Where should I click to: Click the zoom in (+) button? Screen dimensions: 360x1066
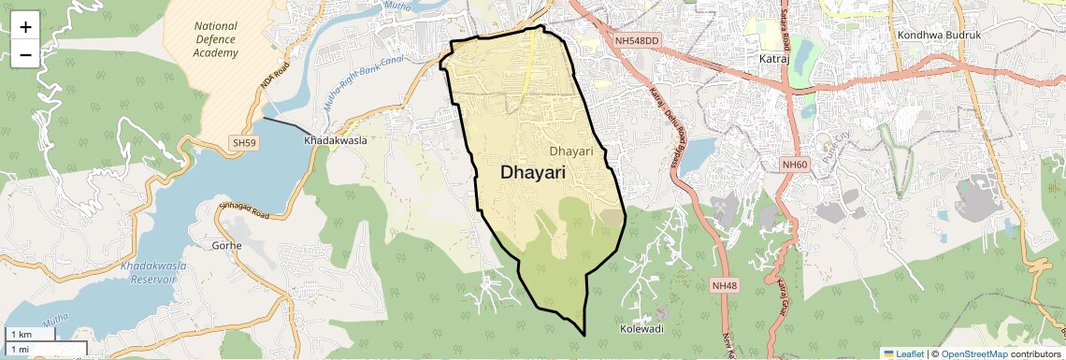click(x=25, y=26)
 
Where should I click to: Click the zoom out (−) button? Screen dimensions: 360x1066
click(x=25, y=54)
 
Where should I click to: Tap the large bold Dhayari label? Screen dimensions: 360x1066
click(x=539, y=172)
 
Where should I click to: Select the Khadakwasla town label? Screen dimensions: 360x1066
click(x=335, y=140)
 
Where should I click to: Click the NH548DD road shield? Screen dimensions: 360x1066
click(x=637, y=40)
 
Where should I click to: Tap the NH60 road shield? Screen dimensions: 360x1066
click(x=794, y=165)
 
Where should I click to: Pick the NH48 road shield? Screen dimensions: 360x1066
click(x=724, y=285)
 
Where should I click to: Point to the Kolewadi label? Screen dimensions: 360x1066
click(x=642, y=329)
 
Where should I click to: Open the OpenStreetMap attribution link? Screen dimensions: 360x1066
click(x=973, y=353)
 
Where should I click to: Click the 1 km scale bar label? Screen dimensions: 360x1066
click(x=21, y=335)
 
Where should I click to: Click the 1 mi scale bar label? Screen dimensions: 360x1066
click(x=20, y=349)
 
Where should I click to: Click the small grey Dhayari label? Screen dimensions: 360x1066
click(x=571, y=151)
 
